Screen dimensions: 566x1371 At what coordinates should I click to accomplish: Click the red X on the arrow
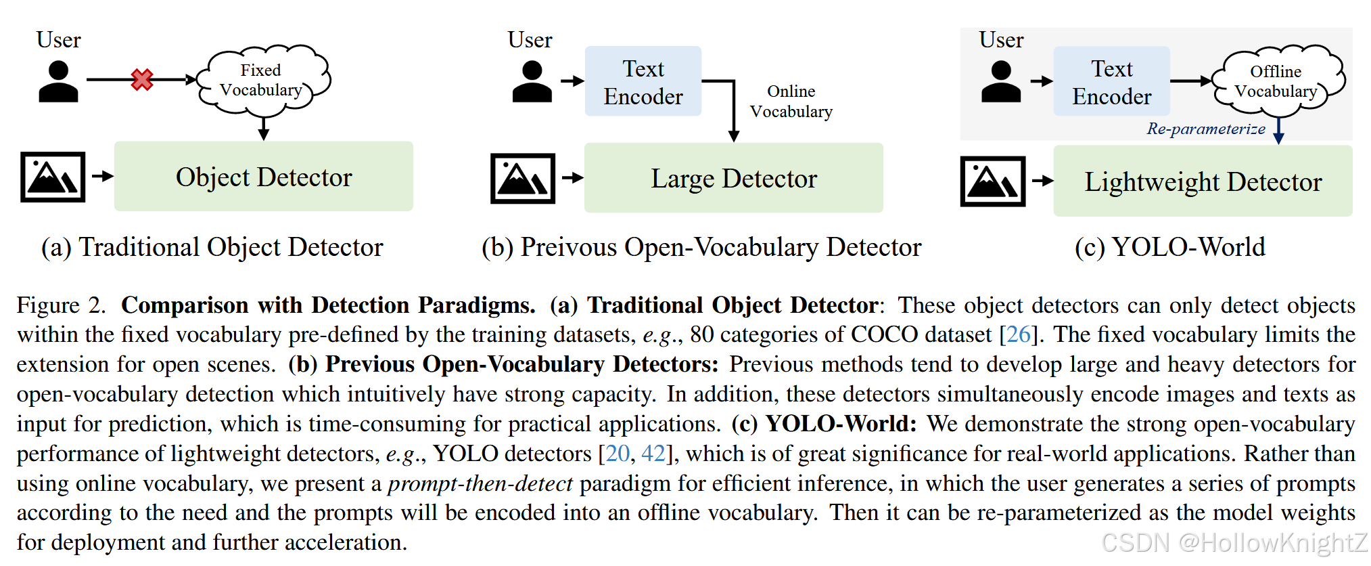142,80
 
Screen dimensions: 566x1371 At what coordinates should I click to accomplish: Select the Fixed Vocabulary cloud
262,80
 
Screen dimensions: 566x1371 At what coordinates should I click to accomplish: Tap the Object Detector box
263,177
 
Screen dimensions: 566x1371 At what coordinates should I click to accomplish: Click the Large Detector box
733,178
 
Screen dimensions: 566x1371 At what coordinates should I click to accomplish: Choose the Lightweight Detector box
1203,181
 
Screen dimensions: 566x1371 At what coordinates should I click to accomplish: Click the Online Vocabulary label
791,102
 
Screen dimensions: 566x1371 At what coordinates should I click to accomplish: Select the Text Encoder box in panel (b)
643,82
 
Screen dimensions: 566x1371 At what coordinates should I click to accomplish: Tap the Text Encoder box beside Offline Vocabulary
1111,82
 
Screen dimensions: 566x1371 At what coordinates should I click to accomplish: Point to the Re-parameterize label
1205,129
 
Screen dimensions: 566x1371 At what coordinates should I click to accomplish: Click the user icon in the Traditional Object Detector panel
58,82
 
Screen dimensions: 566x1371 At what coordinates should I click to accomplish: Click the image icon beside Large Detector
522,179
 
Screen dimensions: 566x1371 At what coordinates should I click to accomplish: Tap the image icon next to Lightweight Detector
992,181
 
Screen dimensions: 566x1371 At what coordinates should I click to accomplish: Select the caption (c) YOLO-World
1169,247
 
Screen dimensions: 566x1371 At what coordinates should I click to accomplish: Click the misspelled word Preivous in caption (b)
568,247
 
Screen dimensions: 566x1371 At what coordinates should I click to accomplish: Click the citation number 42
653,454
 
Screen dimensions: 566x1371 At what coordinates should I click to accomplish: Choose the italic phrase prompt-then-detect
480,483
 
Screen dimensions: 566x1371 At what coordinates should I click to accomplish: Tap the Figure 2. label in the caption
61,305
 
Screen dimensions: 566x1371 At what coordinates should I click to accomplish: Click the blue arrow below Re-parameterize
1278,131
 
